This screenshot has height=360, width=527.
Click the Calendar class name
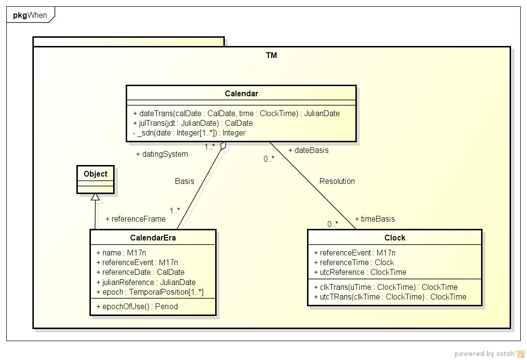(241, 93)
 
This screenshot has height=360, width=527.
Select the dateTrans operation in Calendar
(236, 113)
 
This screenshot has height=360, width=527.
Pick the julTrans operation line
(193, 123)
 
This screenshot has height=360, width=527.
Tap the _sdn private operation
(189, 133)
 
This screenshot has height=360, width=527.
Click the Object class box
(96, 179)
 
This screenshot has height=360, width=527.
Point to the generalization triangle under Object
(96, 197)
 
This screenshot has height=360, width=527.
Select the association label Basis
(184, 181)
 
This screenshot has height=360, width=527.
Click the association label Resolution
(337, 181)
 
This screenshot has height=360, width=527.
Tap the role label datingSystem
(162, 154)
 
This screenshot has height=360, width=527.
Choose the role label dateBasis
(308, 150)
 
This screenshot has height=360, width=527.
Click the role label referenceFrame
(135, 219)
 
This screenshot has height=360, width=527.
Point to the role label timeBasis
(375, 219)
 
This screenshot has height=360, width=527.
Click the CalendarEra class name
(153, 238)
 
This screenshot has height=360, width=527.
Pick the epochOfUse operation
(137, 306)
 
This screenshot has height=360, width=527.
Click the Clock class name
(395, 238)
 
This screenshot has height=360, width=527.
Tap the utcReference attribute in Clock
(360, 272)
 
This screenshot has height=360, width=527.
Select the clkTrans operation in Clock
(386, 287)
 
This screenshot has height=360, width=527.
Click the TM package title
(271, 55)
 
